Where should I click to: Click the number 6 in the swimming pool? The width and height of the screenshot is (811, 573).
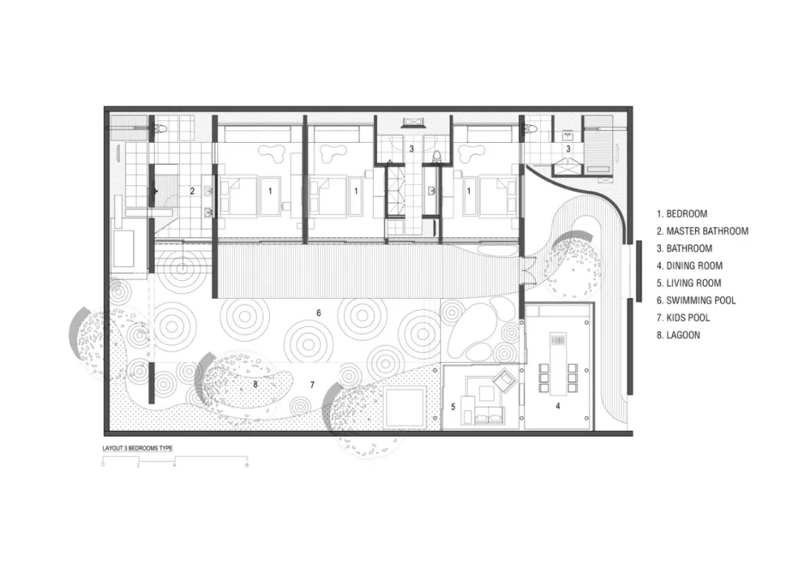point(319,312)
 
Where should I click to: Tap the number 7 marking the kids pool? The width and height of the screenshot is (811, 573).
point(312,385)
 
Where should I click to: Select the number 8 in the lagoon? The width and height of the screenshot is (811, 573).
point(255,385)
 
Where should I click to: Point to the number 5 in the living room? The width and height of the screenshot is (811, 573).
point(453,407)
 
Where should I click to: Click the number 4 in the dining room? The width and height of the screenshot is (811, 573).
point(558,407)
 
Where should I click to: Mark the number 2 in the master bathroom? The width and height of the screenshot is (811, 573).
point(192,191)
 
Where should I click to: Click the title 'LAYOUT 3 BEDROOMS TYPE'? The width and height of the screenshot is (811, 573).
point(138,448)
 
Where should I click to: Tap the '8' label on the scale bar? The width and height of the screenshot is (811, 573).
point(247,465)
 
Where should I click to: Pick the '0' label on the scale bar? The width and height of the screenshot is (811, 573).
point(103,465)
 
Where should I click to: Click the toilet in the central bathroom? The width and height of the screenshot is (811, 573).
point(438,155)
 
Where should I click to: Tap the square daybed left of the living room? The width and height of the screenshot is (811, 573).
point(405,407)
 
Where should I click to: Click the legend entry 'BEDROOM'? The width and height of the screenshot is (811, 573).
point(682,213)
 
